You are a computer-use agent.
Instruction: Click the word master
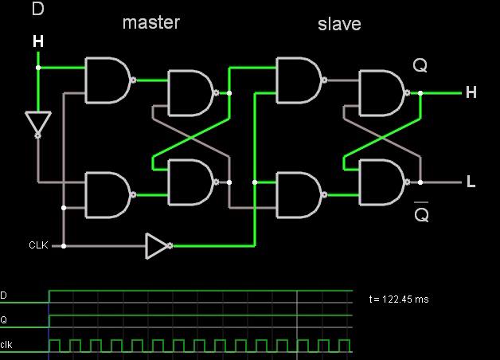pos(151,22)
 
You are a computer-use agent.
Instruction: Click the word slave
pos(339,24)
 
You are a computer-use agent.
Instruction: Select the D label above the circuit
pos(37,9)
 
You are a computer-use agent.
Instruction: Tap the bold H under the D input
pos(38,41)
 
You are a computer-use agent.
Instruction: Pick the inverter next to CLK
pos(158,246)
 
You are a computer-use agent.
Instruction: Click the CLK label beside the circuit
pos(38,245)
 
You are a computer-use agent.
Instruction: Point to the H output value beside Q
pos(471,92)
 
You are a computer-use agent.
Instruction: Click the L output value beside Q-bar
pos(471,182)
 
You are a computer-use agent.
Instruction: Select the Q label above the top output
pos(420,65)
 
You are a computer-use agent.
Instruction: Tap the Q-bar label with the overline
pos(421,212)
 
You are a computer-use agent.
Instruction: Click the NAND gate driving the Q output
pos(384,93)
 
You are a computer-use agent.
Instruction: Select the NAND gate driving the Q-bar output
pos(384,182)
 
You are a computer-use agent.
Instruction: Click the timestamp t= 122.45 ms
pos(399,299)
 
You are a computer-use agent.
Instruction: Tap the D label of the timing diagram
pos(3,295)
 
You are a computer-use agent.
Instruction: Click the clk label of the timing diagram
pos(6,345)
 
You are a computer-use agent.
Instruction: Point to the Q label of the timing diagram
pos(3,320)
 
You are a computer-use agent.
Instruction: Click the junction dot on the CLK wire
pos(64,246)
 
